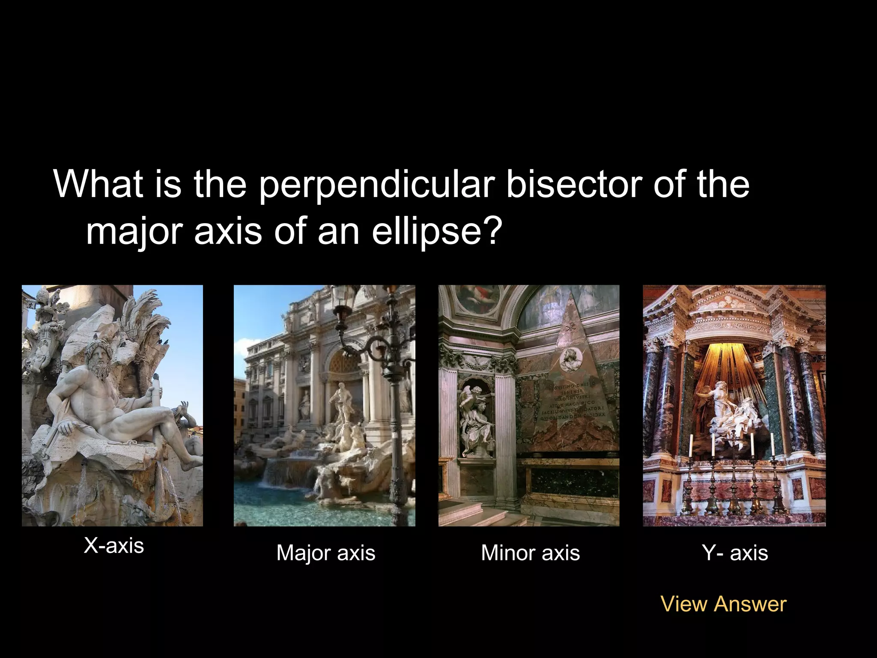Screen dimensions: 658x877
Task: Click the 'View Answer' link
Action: (723, 604)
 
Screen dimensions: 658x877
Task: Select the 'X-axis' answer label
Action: (114, 546)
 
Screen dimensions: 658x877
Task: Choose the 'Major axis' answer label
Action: (325, 553)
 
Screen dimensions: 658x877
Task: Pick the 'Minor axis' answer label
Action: (530, 553)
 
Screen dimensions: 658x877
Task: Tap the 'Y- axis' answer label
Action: (735, 553)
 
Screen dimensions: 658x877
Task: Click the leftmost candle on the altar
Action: (690, 446)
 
